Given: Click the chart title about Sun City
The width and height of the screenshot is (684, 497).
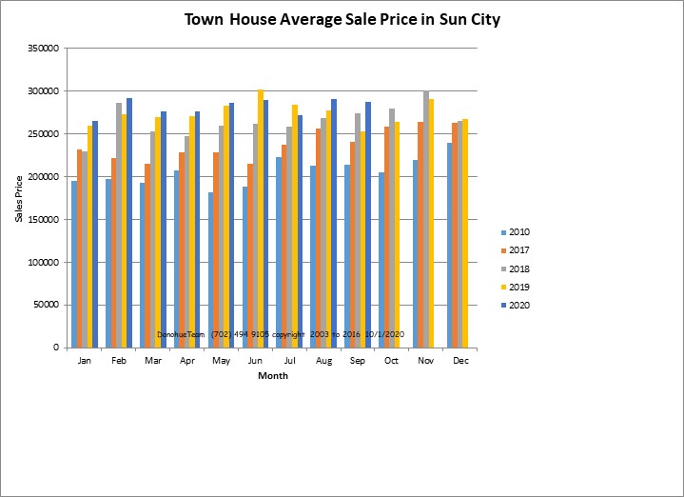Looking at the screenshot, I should [342, 19].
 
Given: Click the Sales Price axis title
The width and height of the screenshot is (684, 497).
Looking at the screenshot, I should [19, 198].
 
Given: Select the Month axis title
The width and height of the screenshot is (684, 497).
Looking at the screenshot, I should [273, 376].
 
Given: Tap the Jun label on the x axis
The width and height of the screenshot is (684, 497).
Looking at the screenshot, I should [254, 362].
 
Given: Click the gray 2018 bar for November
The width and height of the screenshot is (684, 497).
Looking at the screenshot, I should [425, 220].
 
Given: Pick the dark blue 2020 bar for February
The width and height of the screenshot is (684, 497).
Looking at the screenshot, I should [129, 223].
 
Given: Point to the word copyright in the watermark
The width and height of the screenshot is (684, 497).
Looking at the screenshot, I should [288, 335].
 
